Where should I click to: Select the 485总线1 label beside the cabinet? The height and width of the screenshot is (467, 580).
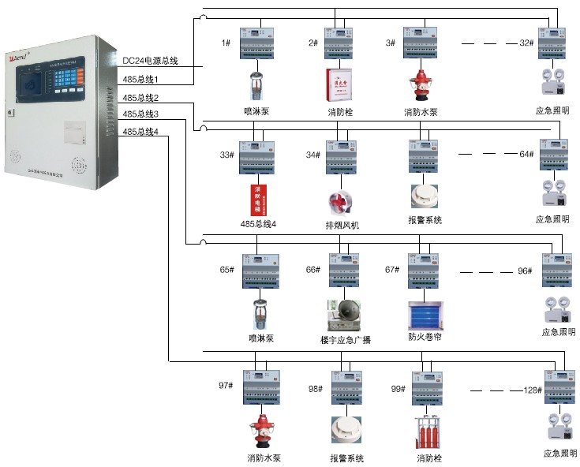point(141,80)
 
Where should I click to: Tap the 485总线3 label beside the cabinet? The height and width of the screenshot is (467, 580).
point(141,115)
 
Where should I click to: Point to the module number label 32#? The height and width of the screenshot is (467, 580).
point(526,43)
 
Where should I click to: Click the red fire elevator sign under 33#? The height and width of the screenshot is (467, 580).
point(256,200)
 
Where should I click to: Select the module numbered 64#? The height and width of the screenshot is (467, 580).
point(555,155)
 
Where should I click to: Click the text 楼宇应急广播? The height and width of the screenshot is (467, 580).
point(345,340)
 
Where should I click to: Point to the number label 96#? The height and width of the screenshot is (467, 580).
point(526,271)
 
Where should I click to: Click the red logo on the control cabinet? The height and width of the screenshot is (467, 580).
point(18,59)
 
